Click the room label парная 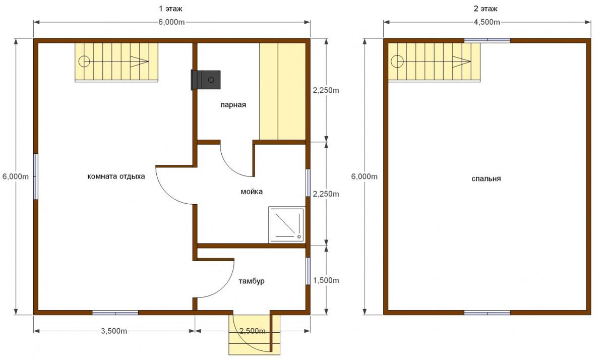point(233,105)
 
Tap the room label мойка point(252,192)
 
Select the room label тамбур point(252,281)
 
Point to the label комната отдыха point(116,176)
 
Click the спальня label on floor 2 point(486,178)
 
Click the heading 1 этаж point(170,9)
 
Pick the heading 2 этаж point(486,9)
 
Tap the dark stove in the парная point(206,80)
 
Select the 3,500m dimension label point(114,331)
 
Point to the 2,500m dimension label point(253,331)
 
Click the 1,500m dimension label point(326,280)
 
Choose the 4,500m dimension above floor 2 point(487,22)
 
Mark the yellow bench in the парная point(282,91)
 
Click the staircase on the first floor point(116,62)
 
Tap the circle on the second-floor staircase point(397,62)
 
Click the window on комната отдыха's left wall point(36,176)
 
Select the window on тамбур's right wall point(308,271)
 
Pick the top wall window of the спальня point(487,40)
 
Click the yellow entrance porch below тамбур point(254,335)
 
